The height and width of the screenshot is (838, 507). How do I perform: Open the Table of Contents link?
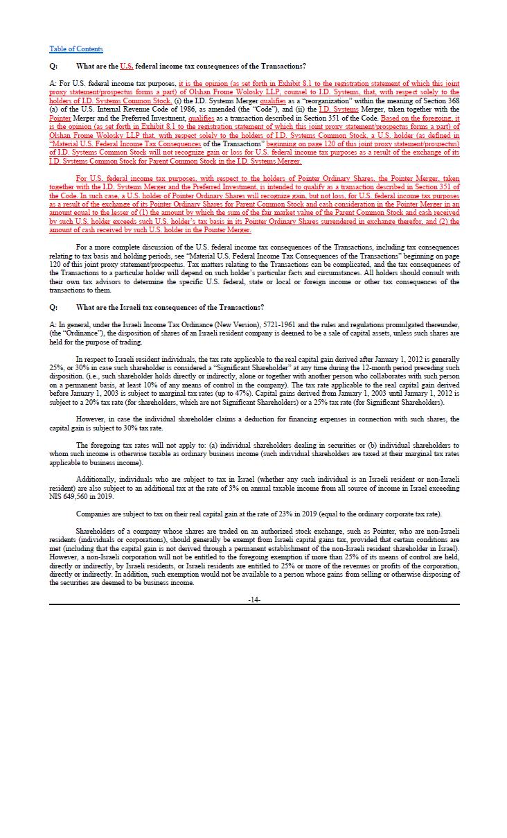pyautogui.click(x=75, y=49)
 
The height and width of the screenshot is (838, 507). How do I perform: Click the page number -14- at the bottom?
pyautogui.click(x=254, y=599)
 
